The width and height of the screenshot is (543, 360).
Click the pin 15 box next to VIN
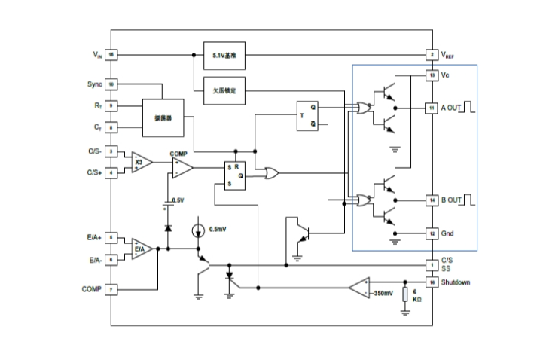[x=111, y=55]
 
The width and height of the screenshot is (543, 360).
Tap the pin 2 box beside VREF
[x=432, y=55]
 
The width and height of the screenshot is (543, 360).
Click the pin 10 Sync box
[x=111, y=84]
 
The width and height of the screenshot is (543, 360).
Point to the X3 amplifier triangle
[x=141, y=162]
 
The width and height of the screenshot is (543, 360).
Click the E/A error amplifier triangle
[x=141, y=249]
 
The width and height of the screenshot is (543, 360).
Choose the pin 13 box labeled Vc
[x=432, y=76]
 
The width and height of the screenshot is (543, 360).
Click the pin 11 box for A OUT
[x=432, y=108]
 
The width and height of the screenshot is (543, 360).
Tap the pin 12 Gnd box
[x=432, y=233]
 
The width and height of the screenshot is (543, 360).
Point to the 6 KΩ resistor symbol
[x=404, y=294]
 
